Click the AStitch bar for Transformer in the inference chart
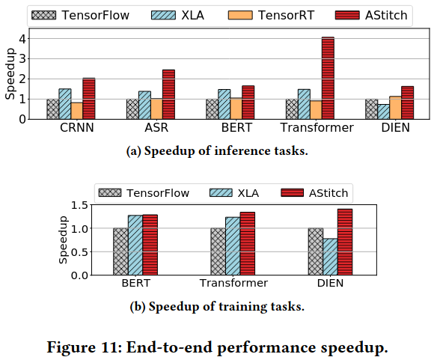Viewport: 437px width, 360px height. click(x=328, y=78)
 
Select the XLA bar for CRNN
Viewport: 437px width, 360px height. click(x=65, y=104)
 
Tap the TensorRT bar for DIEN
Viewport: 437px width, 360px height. click(x=396, y=108)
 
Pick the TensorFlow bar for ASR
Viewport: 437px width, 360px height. click(x=132, y=109)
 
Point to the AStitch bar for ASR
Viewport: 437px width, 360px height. click(x=168, y=94)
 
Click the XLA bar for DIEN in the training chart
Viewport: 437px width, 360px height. click(x=330, y=257)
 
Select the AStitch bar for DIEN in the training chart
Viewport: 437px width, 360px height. click(x=345, y=242)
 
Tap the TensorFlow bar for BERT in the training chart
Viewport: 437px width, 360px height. click(x=120, y=251)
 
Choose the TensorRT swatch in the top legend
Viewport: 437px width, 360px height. click(x=240, y=15)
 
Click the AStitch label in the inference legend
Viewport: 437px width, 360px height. click(x=386, y=15)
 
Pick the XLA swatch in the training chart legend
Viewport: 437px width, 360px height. click(x=221, y=192)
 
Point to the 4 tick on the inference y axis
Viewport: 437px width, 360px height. click(x=22, y=38)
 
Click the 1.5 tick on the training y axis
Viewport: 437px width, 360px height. click(x=79, y=205)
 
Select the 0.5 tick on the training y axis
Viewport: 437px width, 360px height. click(x=79, y=251)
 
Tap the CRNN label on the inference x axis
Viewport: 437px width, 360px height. click(x=76, y=127)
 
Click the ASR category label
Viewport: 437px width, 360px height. click(x=156, y=127)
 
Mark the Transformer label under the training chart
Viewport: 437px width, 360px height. click(x=233, y=283)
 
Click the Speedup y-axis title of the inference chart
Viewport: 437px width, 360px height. click(x=10, y=73)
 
